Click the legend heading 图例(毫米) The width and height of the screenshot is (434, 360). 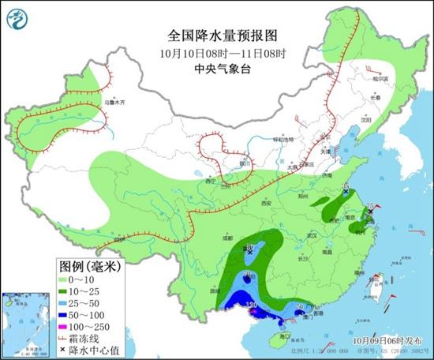[x=88, y=266]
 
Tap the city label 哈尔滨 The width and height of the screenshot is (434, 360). [x=380, y=81]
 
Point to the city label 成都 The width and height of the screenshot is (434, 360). [x=227, y=235]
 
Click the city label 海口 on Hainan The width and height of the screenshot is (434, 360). [x=272, y=332]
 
